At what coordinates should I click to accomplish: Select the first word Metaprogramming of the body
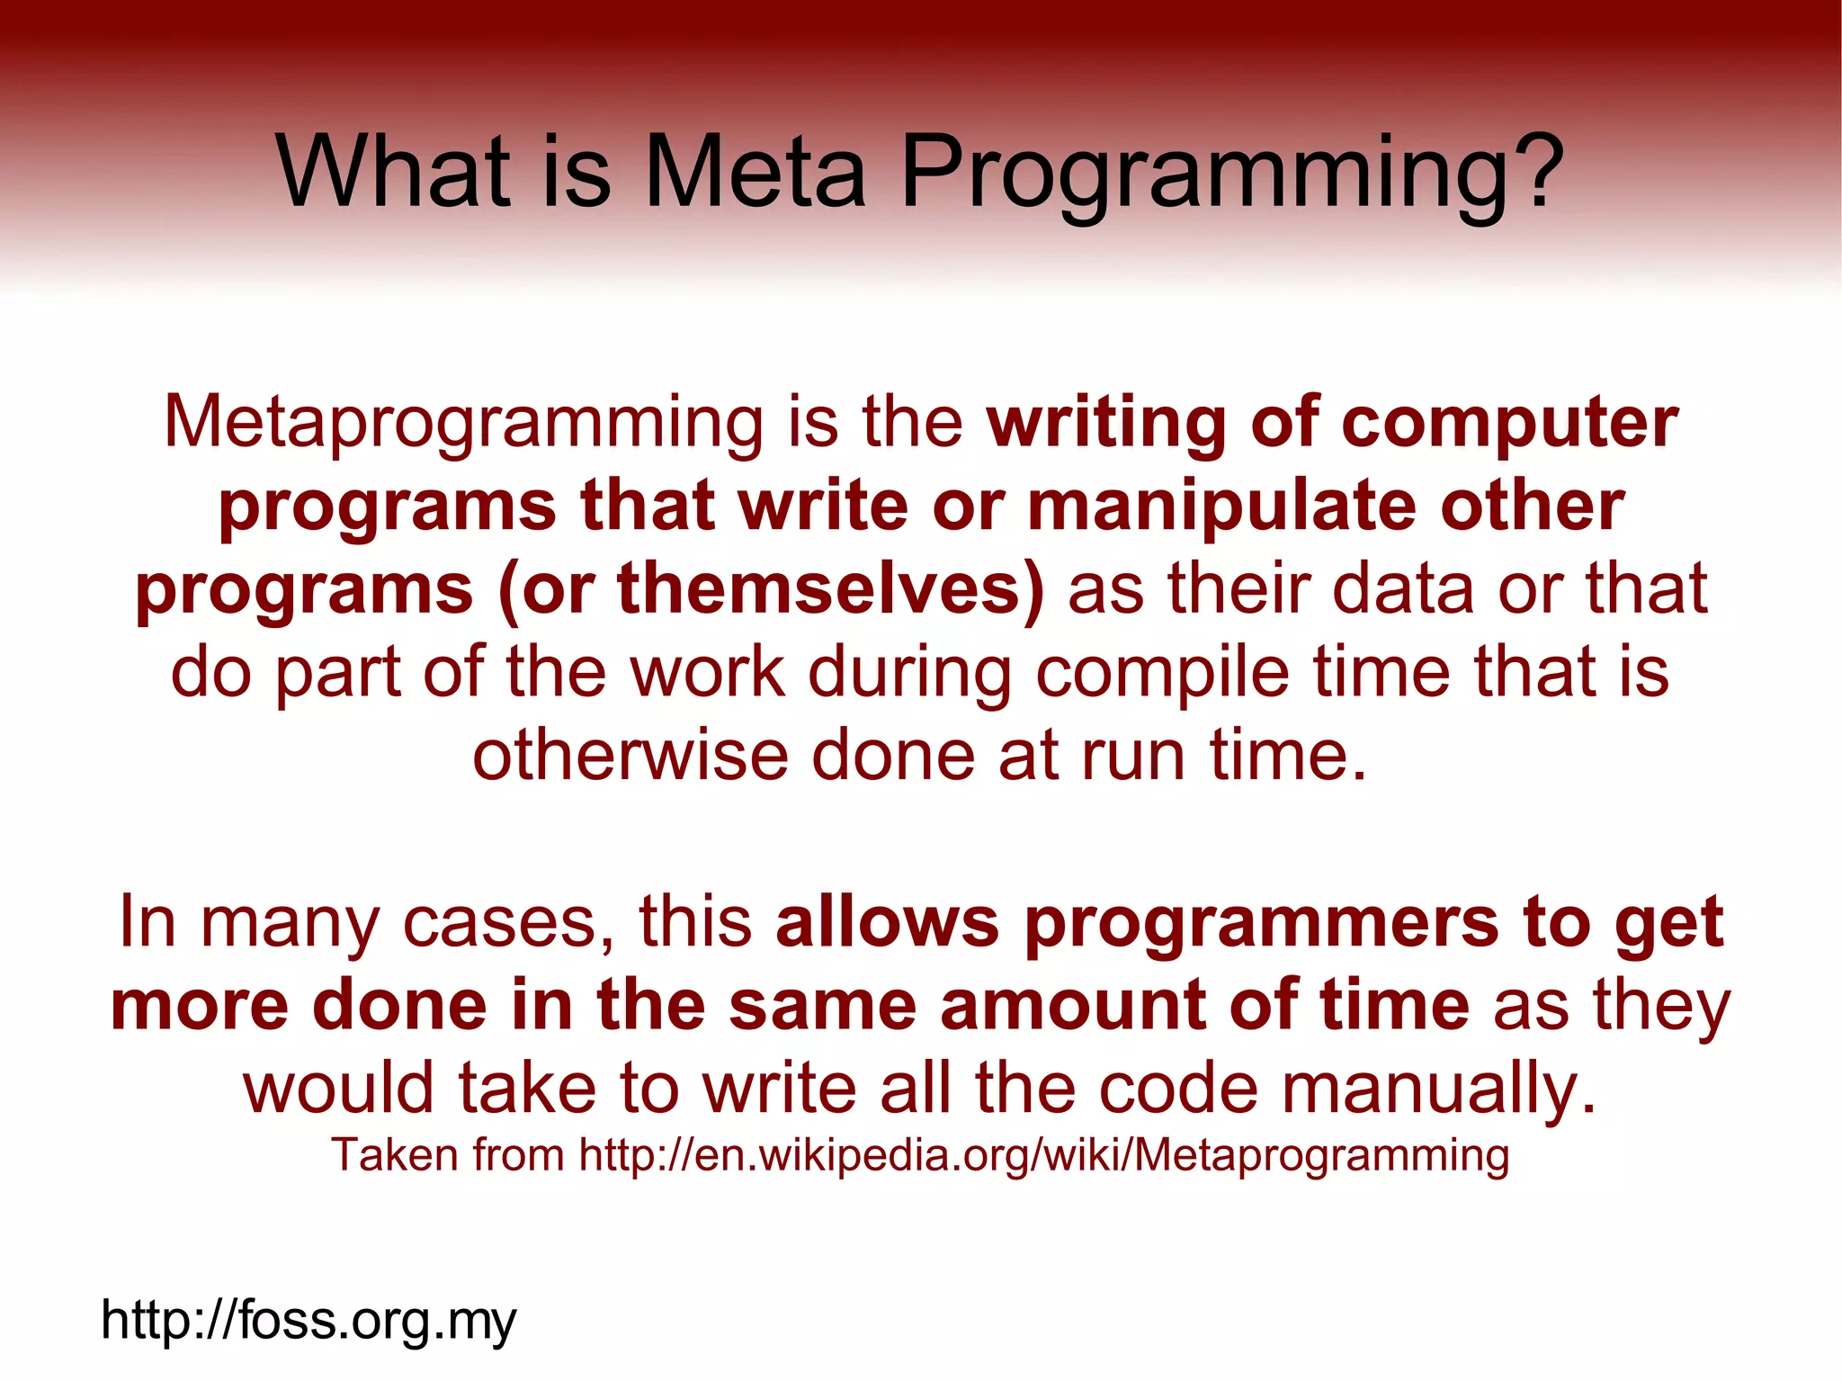coord(463,423)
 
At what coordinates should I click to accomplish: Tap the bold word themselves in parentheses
coord(826,589)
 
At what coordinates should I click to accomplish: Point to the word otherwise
coord(630,755)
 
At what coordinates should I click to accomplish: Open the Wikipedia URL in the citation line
coord(1044,1155)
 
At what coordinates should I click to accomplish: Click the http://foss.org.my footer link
coord(308,1321)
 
